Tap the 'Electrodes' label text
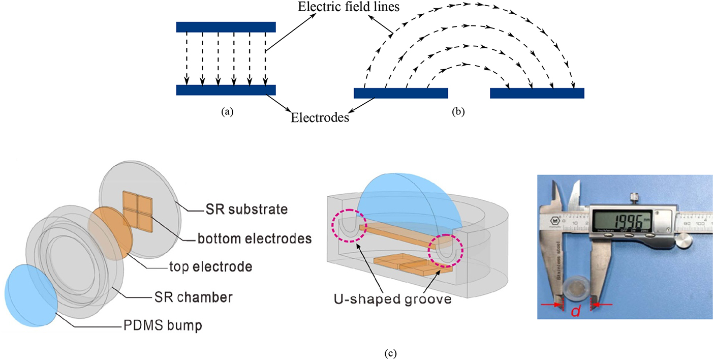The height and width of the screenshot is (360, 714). tap(320, 118)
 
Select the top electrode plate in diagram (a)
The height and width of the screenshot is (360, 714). tap(226, 27)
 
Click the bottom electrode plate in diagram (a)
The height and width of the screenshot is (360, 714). tap(226, 90)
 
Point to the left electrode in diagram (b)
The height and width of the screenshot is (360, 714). tap(400, 93)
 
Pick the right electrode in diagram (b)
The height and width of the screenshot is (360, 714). tap(537, 93)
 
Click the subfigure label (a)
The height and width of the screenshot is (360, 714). tap(224, 112)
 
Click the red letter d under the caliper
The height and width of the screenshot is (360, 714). tap(575, 311)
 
